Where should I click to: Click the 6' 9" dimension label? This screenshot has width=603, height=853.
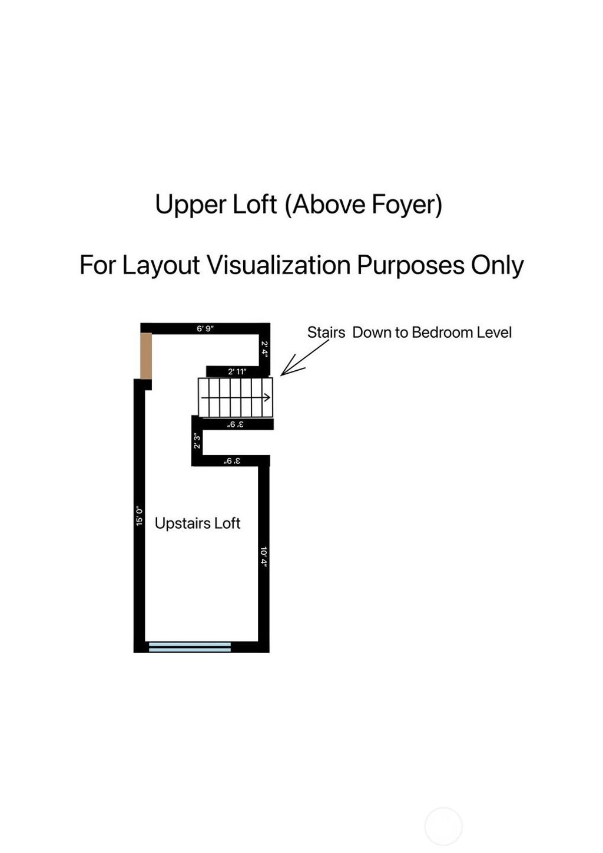[x=205, y=328]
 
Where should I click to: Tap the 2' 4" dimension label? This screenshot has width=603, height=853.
[x=265, y=349]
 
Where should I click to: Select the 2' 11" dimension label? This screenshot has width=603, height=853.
[x=237, y=371]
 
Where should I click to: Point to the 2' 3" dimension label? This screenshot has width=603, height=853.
[x=197, y=441]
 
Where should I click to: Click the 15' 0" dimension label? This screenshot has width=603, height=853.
[x=139, y=516]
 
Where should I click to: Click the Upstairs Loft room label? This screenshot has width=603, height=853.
[x=197, y=523]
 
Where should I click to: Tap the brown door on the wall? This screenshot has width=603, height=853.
[x=146, y=356]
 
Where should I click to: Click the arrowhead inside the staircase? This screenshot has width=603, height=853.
[x=268, y=397]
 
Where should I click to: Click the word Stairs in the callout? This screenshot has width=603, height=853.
[x=326, y=332]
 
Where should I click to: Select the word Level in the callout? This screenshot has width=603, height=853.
[x=495, y=332]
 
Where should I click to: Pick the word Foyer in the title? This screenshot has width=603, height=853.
[x=407, y=205]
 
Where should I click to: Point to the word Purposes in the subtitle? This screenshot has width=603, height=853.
[x=410, y=265]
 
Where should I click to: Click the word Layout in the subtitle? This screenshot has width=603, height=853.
[x=161, y=265]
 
